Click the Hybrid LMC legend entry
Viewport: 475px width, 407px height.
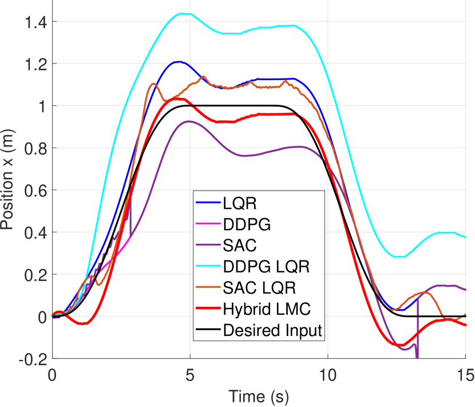pyautogui.click(x=258, y=309)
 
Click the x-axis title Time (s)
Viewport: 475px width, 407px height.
pyautogui.click(x=259, y=396)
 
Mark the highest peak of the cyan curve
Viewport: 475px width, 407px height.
pyautogui.click(x=183, y=14)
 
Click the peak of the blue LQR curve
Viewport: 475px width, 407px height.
pyautogui.click(x=179, y=62)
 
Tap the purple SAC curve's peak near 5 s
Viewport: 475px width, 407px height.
pyautogui.click(x=188, y=121)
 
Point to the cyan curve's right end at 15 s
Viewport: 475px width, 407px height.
pyautogui.click(x=465, y=237)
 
